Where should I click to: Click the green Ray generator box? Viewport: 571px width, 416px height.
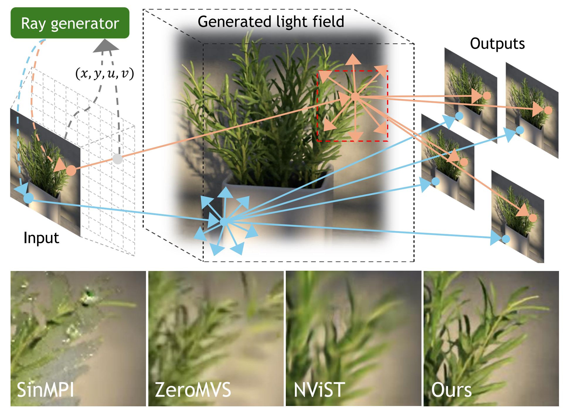click(70, 23)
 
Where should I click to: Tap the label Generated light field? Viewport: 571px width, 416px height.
click(271, 22)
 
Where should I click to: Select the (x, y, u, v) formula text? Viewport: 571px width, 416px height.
click(105, 73)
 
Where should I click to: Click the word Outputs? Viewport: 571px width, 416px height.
click(497, 44)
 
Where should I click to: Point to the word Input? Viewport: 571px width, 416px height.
click(41, 238)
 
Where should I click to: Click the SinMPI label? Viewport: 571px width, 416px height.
click(45, 390)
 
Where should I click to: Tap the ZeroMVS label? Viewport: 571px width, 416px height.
click(193, 390)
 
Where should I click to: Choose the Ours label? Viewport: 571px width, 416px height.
click(451, 390)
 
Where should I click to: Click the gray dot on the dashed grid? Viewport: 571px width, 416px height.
click(118, 159)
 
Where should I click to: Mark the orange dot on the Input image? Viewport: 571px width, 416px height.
click(71, 170)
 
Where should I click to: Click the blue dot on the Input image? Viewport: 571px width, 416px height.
click(28, 198)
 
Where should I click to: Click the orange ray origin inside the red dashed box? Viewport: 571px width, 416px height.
click(355, 96)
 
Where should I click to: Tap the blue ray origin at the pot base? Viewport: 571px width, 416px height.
click(224, 221)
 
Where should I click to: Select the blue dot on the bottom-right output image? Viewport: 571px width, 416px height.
click(506, 239)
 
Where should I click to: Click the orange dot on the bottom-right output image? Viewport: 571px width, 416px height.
click(533, 218)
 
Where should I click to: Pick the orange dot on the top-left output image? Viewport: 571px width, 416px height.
click(487, 96)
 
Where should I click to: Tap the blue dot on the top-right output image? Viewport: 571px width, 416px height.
click(520, 130)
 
